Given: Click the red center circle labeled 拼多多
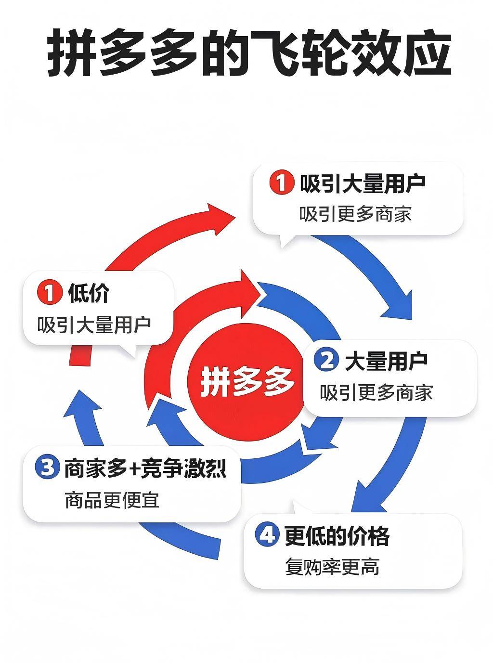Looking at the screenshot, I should tap(246, 380).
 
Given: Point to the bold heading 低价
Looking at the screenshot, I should tap(89, 293).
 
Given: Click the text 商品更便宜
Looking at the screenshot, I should tap(112, 500).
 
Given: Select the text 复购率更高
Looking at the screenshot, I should tap(332, 567).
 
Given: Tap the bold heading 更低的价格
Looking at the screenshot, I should tap(337, 535).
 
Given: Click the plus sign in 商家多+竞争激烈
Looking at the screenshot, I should tap(134, 468).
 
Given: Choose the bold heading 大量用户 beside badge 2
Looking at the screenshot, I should tap(386, 361).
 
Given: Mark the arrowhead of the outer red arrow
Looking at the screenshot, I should tap(222, 218).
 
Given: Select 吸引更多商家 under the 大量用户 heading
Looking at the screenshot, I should tap(376, 393).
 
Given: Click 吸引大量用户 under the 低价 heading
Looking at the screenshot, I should tap(94, 325).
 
